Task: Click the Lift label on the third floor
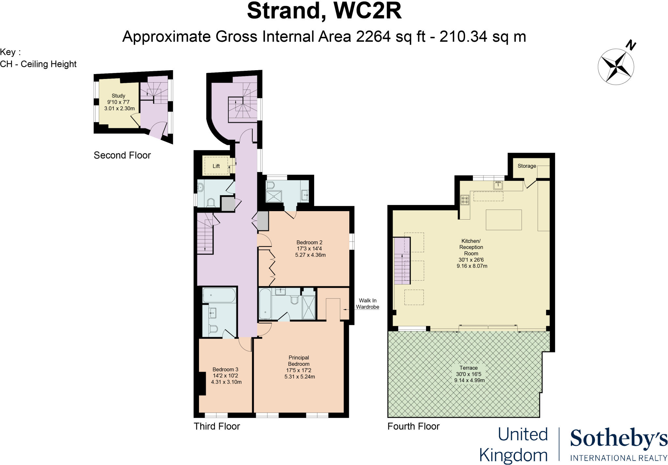(x=216, y=166)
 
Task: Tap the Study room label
(x=119, y=102)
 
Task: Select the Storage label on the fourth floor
(x=526, y=166)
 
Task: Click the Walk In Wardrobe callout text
(x=367, y=303)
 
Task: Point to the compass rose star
(x=615, y=67)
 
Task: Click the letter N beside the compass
(x=631, y=45)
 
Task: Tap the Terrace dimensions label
(x=469, y=374)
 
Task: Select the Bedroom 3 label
(x=226, y=376)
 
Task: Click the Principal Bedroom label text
(x=299, y=367)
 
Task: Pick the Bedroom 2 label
(x=310, y=248)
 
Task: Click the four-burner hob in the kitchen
(x=464, y=200)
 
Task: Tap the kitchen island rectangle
(x=503, y=220)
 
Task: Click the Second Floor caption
(x=122, y=155)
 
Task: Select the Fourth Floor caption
(x=413, y=426)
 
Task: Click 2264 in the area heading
(x=373, y=37)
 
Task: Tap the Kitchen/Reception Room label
(x=471, y=253)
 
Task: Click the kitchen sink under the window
(x=498, y=185)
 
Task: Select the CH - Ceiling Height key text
(x=38, y=64)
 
